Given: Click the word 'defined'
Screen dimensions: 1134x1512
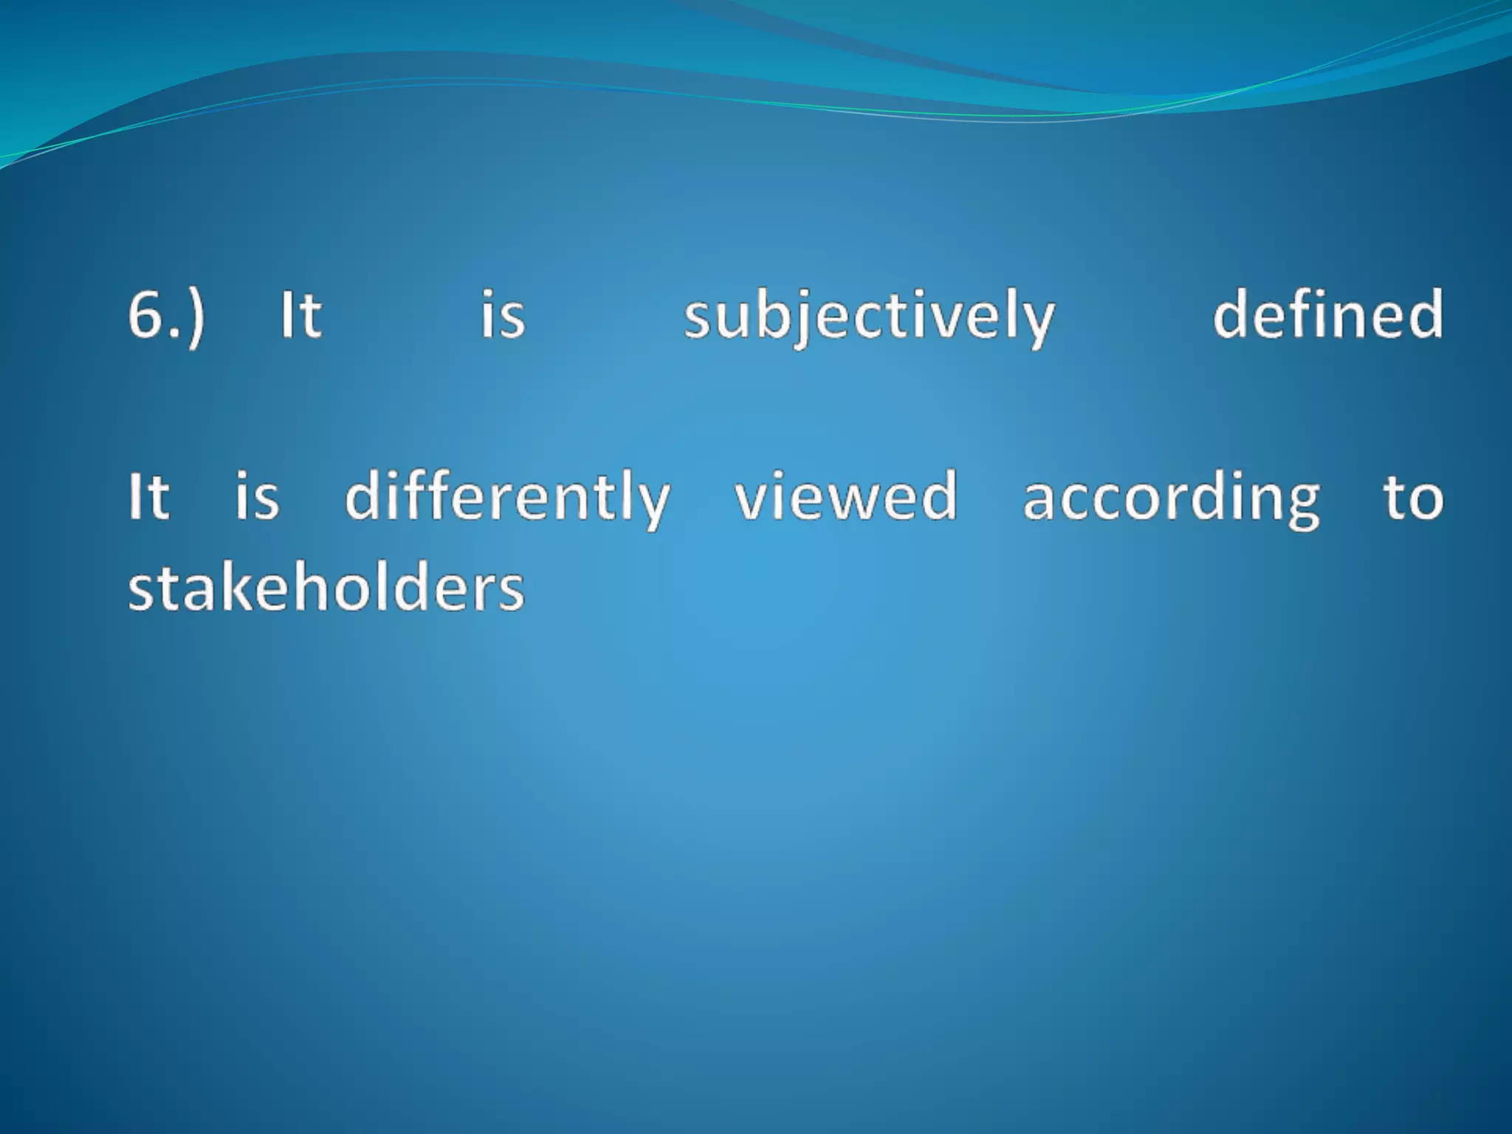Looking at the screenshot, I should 1327,314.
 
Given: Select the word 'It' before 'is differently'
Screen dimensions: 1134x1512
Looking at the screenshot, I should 148,497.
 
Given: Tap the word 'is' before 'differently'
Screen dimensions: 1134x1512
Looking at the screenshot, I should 256,497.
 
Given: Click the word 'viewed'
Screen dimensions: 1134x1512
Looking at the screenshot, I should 845,497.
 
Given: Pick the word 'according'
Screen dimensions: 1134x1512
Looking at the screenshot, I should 1171,498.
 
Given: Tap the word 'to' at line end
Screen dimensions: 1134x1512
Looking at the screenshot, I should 1413,497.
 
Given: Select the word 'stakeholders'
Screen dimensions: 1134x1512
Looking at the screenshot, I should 326,588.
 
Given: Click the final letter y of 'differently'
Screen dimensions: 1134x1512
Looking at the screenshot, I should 653,504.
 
